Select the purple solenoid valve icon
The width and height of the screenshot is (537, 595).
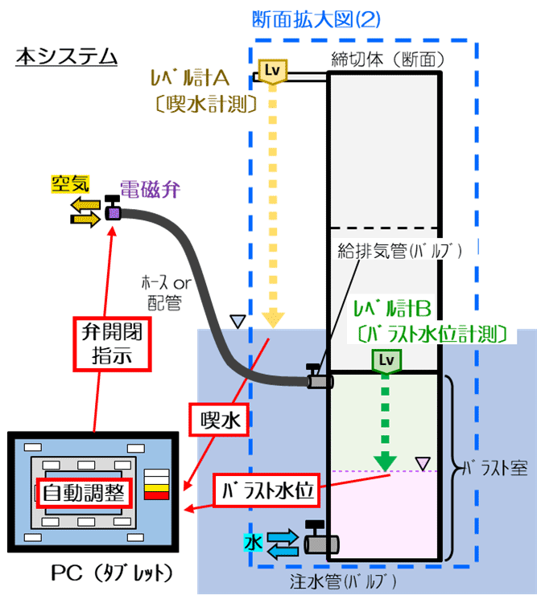point(114,212)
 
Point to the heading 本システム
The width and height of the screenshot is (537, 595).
point(67,58)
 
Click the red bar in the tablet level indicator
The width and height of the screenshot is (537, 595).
point(155,494)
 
